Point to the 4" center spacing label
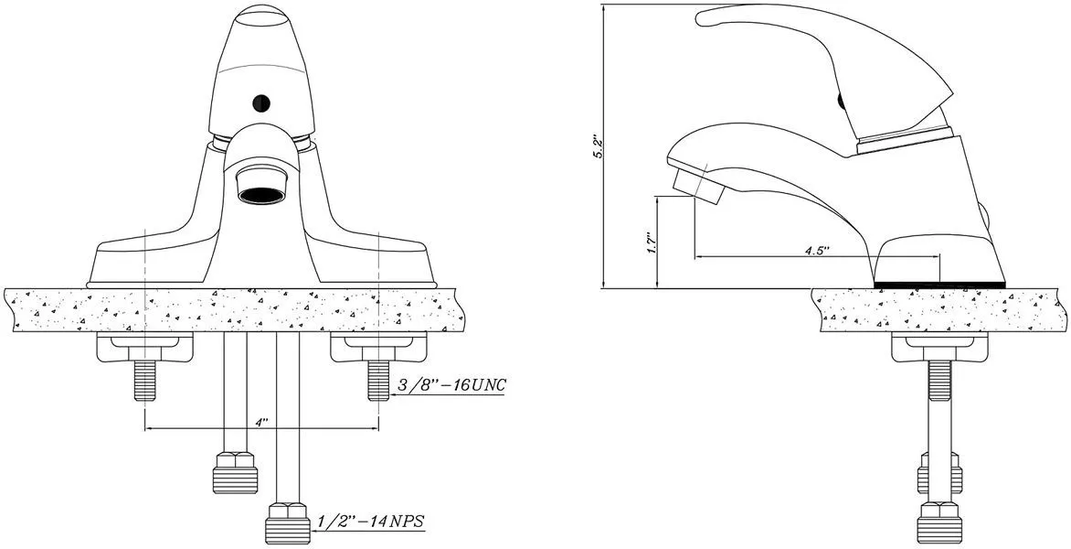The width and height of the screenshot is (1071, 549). click(261, 422)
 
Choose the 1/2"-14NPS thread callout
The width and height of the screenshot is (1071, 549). click(370, 522)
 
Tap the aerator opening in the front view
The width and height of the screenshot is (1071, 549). click(261, 193)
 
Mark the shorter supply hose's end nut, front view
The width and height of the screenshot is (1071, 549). click(235, 472)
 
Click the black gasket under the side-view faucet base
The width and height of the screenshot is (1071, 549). click(939, 285)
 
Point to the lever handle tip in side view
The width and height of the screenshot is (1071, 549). click(708, 16)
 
